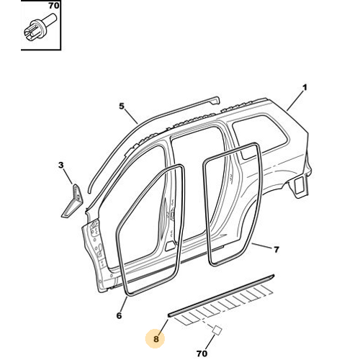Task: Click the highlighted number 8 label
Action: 156,339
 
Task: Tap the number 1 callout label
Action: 305,88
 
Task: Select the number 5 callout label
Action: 122,106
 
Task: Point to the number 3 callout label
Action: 61,165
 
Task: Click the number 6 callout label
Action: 119,315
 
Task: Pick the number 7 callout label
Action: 276,250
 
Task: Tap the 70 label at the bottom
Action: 202,354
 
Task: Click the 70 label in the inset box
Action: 54,6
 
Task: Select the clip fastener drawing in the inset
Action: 40,29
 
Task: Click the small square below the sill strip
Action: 217,330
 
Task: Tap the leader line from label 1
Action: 294,101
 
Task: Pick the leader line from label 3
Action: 68,176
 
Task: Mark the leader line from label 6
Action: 124,304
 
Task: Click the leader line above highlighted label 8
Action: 163,327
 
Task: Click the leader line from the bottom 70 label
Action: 210,342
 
